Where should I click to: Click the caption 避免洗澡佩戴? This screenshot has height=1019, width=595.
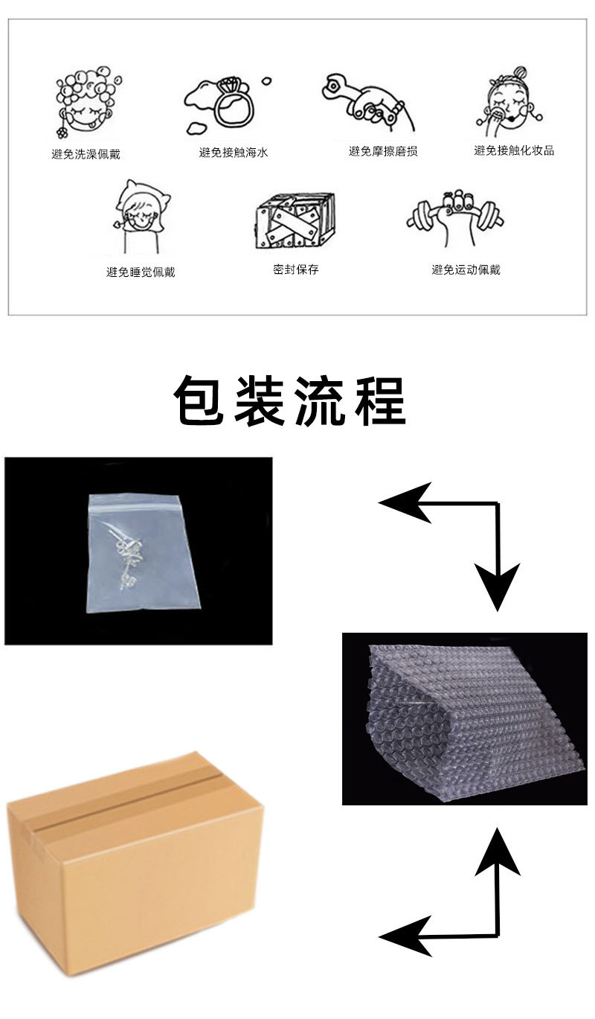(x=86, y=154)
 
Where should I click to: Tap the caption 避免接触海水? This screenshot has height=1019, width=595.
(x=234, y=153)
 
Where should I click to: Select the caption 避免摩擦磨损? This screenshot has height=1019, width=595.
(x=383, y=151)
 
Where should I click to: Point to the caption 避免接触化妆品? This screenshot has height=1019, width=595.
(x=514, y=150)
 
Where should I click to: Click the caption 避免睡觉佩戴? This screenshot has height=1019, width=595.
(x=141, y=272)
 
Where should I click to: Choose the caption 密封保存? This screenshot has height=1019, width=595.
(x=296, y=269)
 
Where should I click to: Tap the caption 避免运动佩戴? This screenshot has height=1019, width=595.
(x=466, y=269)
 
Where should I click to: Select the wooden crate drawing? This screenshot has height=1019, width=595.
(x=295, y=220)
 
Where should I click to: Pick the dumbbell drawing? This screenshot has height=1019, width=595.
(x=455, y=217)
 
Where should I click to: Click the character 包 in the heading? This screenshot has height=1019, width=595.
(x=200, y=400)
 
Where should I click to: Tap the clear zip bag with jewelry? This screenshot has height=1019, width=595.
(x=144, y=553)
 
